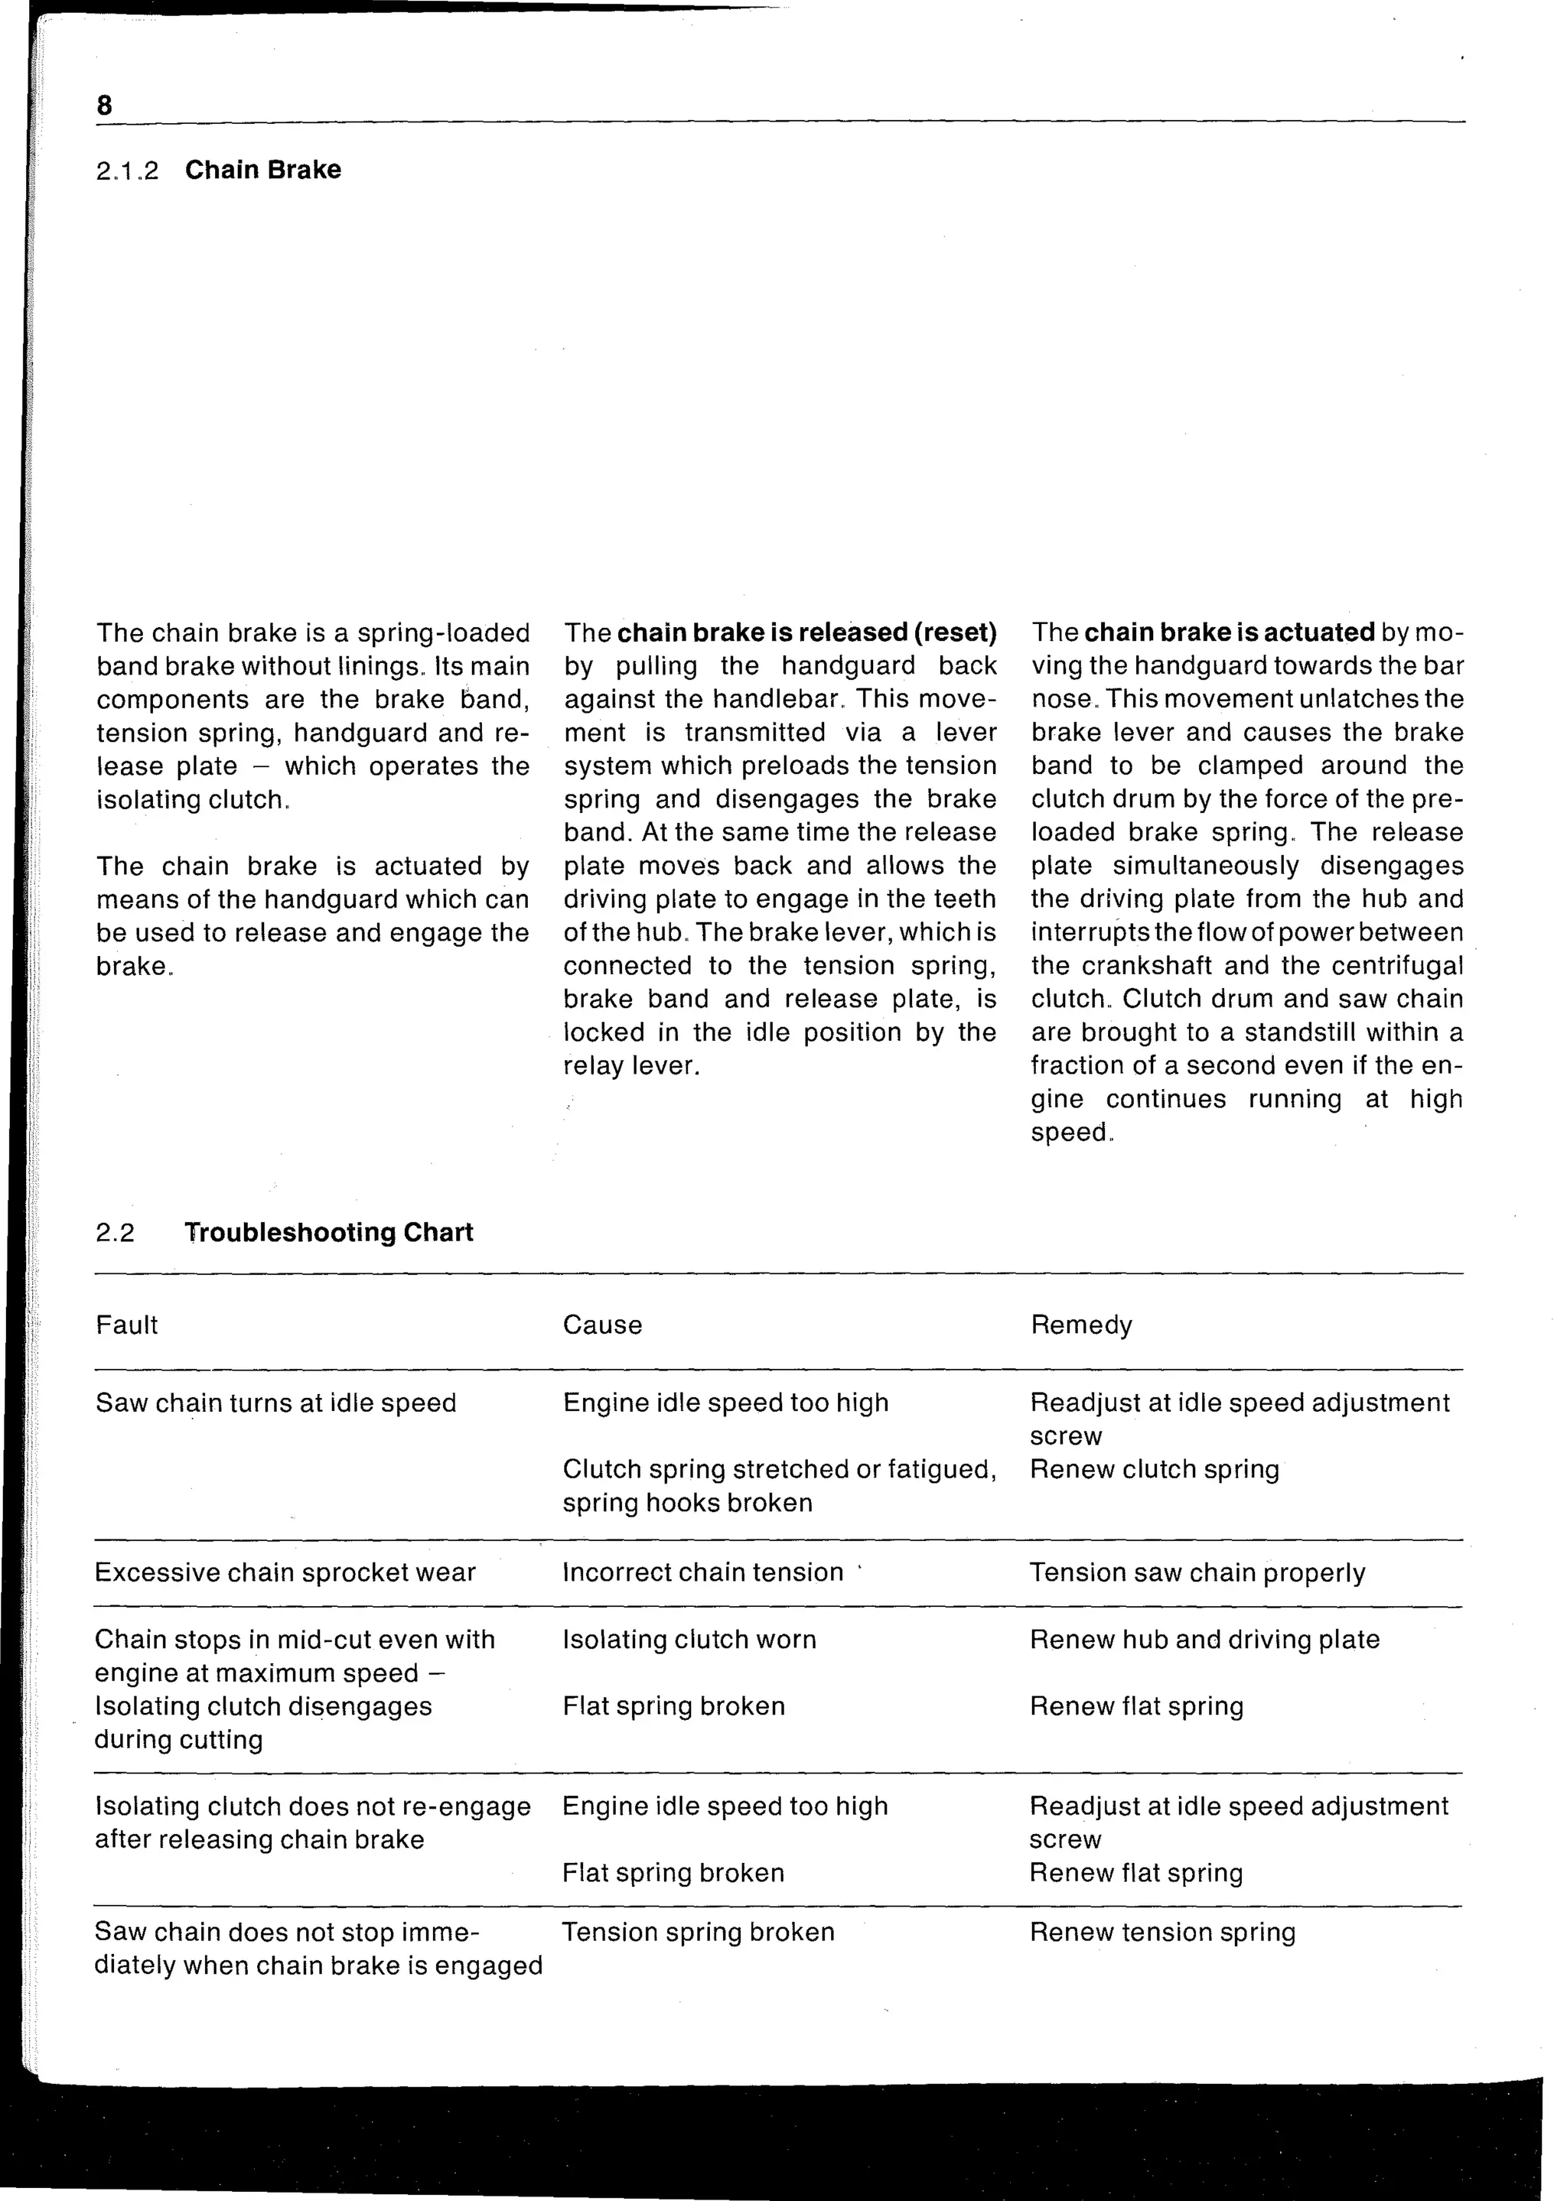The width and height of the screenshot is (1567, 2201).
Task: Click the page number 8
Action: point(104,104)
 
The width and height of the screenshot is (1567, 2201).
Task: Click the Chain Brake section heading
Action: point(262,170)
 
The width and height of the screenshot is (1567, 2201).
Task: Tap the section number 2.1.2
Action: point(126,171)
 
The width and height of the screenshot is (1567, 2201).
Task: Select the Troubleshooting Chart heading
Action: point(328,1233)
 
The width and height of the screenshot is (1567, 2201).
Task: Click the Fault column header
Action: point(126,1325)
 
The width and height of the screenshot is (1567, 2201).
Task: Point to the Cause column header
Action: point(602,1325)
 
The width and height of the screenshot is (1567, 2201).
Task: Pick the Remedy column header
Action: point(1080,1325)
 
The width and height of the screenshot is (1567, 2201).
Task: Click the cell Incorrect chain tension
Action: point(702,1573)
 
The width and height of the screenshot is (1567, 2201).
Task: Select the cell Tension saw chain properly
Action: point(1197,1573)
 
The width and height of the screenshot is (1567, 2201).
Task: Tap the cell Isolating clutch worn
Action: point(689,1640)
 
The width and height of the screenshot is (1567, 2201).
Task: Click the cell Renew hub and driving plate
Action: point(1204,1640)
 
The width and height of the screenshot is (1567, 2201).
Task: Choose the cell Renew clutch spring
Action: point(1154,1470)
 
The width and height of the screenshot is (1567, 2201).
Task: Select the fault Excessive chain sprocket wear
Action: point(285,1573)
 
